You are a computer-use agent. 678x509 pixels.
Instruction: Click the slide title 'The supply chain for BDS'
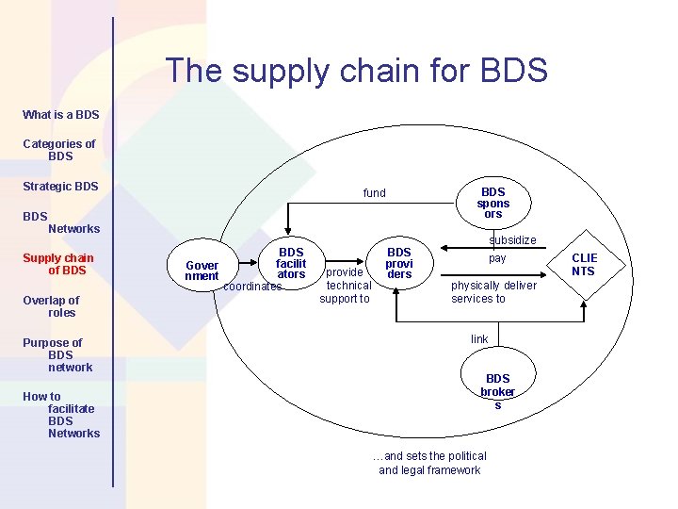356,71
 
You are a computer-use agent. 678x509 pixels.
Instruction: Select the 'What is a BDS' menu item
60,115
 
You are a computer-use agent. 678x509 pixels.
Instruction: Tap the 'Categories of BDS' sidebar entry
59,150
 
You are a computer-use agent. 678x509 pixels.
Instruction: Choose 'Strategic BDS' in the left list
60,187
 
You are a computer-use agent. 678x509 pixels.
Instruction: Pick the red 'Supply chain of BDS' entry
58,264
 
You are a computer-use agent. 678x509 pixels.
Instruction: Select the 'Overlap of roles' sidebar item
53,306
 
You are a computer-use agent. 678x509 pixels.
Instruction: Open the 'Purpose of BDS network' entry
56,355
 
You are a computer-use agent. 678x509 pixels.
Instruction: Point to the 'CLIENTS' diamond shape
584,265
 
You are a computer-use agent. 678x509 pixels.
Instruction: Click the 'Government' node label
202,271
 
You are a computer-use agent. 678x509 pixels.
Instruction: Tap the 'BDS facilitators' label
291,263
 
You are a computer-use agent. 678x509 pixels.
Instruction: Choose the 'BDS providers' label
399,263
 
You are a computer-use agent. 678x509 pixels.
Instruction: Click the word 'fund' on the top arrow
375,193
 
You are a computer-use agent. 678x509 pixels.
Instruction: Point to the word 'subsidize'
512,240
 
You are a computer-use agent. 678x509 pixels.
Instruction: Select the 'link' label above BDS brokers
479,339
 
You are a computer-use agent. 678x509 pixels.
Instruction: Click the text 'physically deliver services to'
493,292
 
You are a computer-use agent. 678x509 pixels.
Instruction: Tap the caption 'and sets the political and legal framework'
429,463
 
